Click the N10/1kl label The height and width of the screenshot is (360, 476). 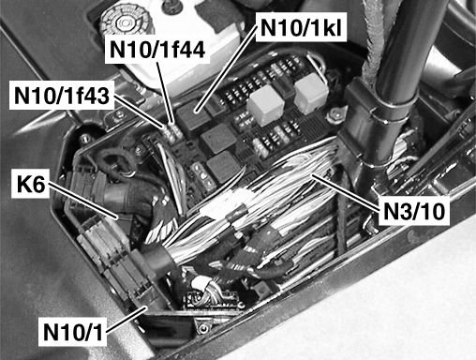click(301, 27)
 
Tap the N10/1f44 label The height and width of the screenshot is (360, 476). click(157, 50)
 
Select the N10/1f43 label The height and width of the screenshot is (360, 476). click(62, 96)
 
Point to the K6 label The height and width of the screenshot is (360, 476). click(31, 184)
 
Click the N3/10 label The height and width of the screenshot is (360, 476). click(413, 211)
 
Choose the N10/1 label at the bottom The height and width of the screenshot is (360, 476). click(73, 332)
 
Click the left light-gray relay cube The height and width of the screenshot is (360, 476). click(266, 105)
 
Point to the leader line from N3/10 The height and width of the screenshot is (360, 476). click(346, 192)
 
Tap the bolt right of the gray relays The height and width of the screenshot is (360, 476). click(335, 115)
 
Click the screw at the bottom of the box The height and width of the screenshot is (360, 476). click(203, 328)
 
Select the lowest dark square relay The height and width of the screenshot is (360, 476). click(222, 167)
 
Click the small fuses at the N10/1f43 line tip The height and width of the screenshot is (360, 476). click(171, 133)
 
